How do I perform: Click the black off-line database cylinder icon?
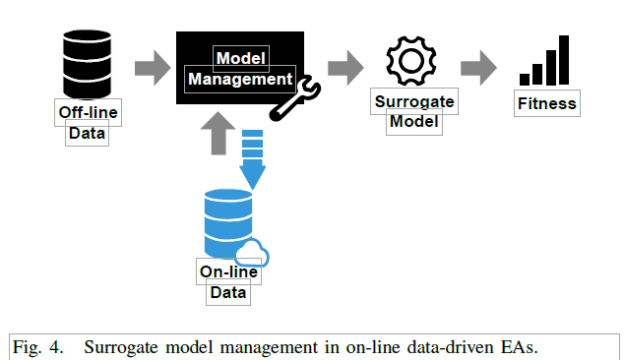(85, 59)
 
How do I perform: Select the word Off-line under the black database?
(88, 113)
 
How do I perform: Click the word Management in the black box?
(240, 78)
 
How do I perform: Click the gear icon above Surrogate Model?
(405, 61)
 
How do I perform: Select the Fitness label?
(546, 102)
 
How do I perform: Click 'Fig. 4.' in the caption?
(34, 346)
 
